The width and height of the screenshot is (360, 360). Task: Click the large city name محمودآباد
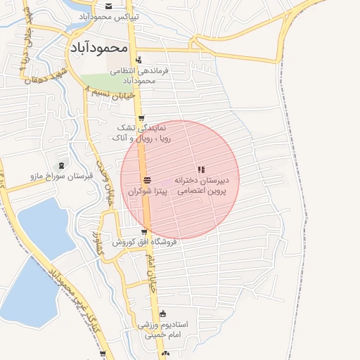pyautogui.click(x=98, y=47)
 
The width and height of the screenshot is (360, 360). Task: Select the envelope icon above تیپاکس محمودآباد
pyautogui.click(x=108, y=6)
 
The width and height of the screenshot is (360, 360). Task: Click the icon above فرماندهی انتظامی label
pyautogui.click(x=139, y=60)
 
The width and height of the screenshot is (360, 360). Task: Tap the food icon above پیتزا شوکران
pyautogui.click(x=147, y=181)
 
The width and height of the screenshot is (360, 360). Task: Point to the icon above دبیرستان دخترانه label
pyautogui.click(x=202, y=169)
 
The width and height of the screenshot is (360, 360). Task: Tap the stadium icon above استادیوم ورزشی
pyautogui.click(x=163, y=314)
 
